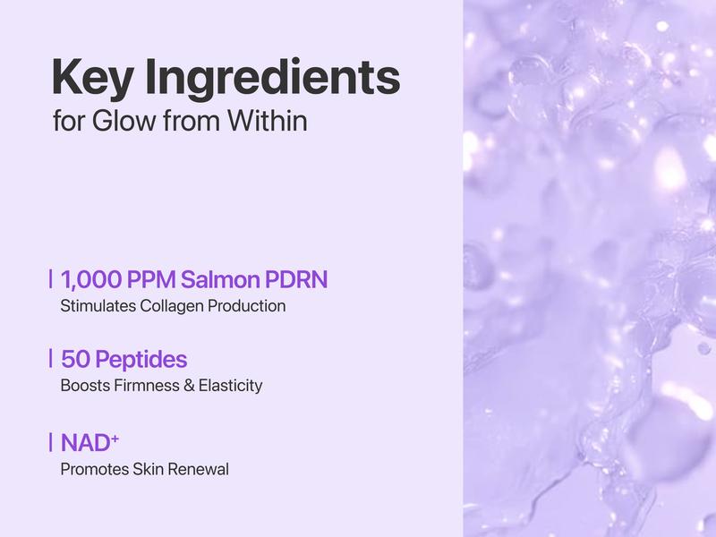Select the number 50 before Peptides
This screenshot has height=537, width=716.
coord(74,360)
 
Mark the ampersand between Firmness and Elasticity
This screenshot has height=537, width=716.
coord(183,387)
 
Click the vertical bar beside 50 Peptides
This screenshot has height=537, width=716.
coord(51,360)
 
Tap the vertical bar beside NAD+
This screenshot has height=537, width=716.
coord(51,441)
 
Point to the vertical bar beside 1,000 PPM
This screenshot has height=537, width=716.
coord(51,279)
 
